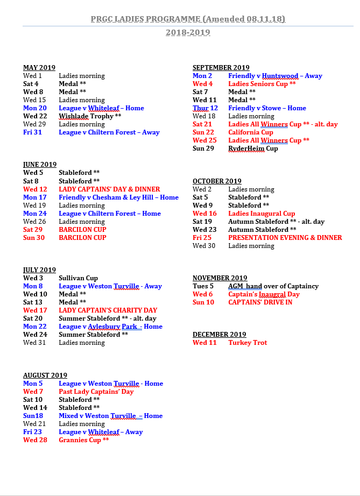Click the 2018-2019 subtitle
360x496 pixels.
click(x=188, y=32)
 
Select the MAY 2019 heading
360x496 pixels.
click(x=39, y=68)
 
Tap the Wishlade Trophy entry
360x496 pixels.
click(x=90, y=116)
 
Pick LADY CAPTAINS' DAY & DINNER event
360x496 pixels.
click(x=109, y=189)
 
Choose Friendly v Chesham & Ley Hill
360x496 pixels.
click(x=118, y=197)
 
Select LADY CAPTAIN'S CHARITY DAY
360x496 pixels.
click(x=108, y=310)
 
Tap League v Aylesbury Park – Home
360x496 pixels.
click(x=110, y=327)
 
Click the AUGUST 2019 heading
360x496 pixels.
click(x=45, y=375)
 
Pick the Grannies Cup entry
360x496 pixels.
click(x=83, y=440)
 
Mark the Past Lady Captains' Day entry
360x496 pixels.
click(x=96, y=392)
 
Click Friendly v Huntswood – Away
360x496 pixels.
click(x=275, y=76)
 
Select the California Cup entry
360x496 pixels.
click(x=251, y=132)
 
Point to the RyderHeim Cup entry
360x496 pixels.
click(x=253, y=148)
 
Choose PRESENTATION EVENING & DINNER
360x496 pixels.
click(x=285, y=238)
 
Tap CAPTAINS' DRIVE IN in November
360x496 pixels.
click(x=260, y=302)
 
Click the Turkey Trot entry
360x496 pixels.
click(x=248, y=343)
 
